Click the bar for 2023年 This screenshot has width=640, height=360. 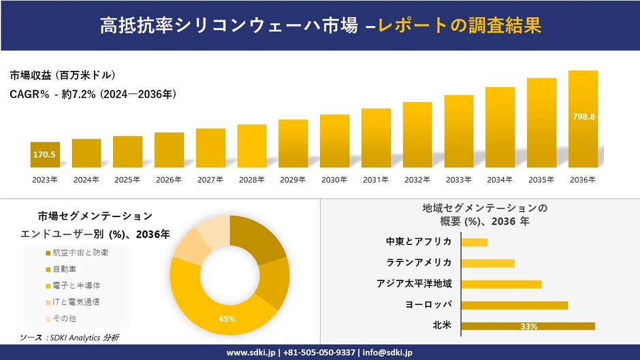tap(45, 154)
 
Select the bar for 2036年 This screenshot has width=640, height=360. tap(583, 119)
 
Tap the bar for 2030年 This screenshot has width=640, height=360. tap(334, 141)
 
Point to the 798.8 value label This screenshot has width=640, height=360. tap(583, 116)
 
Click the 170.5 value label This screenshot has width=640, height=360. tap(44, 155)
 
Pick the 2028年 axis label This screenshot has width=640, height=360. tap(251, 180)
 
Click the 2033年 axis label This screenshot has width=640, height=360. tap(459, 180)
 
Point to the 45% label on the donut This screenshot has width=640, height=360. tap(227, 319)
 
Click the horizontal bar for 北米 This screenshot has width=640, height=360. tap(528, 326)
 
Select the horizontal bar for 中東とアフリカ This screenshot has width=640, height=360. tap(474, 242)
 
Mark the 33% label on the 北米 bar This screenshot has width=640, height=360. tap(528, 327)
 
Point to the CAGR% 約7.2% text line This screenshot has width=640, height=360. tap(93, 95)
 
